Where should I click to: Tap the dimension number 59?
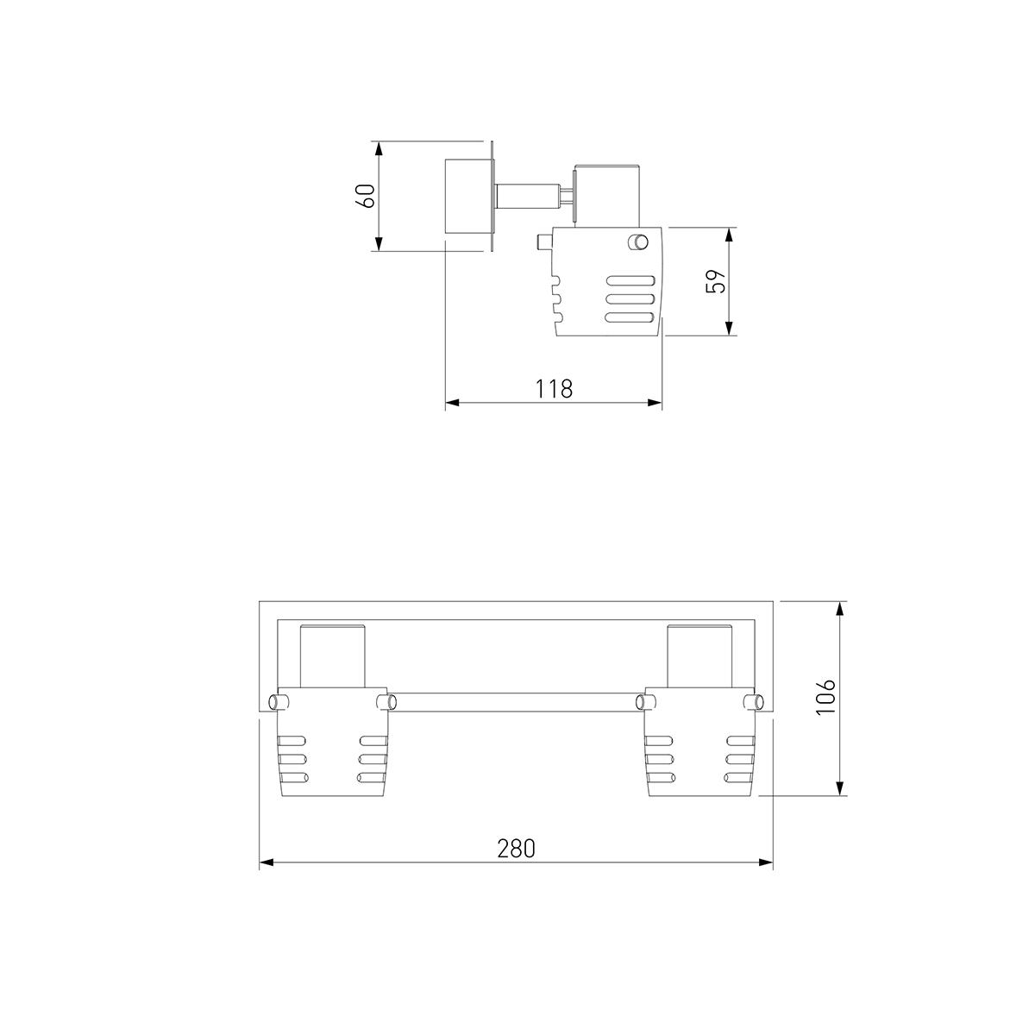point(715,281)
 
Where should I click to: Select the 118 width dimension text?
point(555,389)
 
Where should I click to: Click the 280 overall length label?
point(516,848)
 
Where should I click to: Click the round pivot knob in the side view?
point(638,241)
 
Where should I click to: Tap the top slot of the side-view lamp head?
point(630,280)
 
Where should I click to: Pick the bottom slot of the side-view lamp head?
point(630,317)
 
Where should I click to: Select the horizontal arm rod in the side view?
point(529,196)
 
